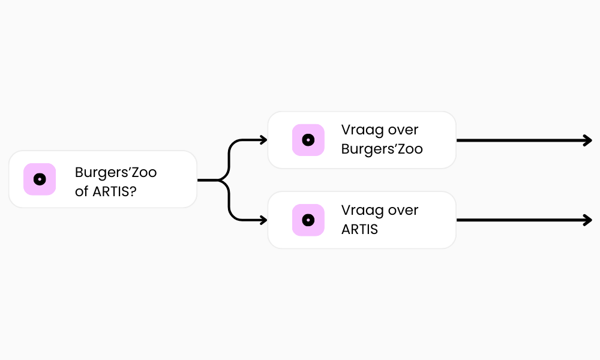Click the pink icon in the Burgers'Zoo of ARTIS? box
point(40,179)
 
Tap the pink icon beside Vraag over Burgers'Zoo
point(308,140)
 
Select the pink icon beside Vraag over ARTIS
point(308,220)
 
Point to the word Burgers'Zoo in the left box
point(116,172)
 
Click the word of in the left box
point(82,191)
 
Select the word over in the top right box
point(403,130)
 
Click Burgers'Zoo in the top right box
point(382,149)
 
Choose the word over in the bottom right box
point(403,211)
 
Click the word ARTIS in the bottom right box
point(359,229)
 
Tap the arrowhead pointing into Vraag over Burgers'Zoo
point(264,140)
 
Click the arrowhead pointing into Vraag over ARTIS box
point(264,220)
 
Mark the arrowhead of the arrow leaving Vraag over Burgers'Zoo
point(589,140)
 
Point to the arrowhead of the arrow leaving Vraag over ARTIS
point(589,220)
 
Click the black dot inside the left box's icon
point(40,179)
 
